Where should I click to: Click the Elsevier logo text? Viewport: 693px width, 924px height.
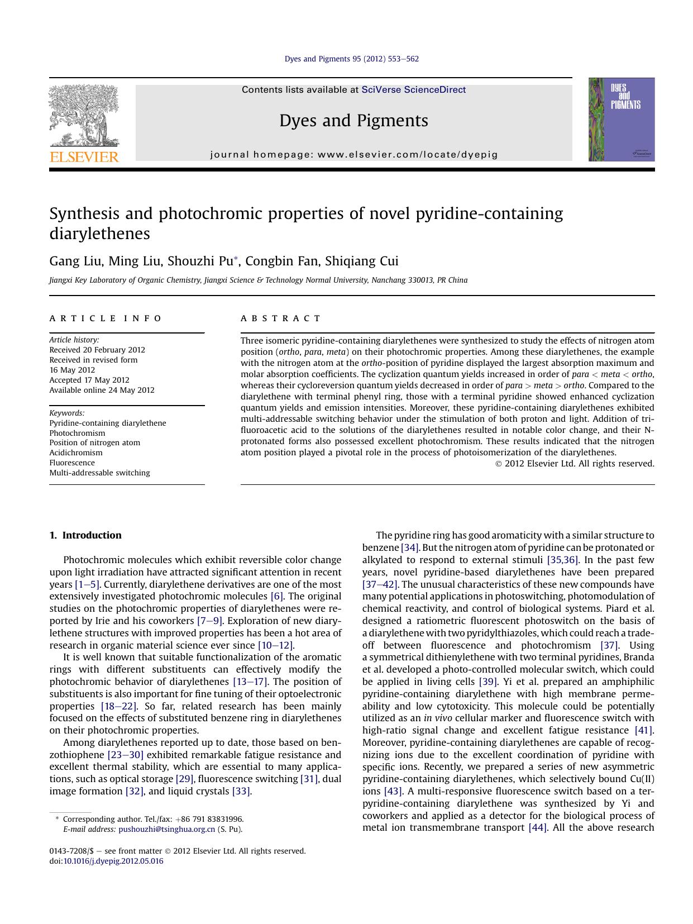tap(84, 157)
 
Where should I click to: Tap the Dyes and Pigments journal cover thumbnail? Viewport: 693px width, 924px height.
tap(621, 120)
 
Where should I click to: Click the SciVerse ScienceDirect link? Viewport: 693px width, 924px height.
tap(413, 89)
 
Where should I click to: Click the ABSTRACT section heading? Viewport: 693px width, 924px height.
tap(281, 318)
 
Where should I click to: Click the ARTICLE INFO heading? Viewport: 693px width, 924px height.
tap(106, 318)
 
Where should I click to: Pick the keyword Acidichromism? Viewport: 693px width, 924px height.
tap(76, 453)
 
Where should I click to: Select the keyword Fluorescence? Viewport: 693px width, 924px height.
tap(72, 463)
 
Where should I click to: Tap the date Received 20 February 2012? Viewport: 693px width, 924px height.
tap(97, 350)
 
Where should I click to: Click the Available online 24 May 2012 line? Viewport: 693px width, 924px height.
tap(102, 390)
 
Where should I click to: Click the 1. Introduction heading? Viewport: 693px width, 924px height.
tap(85, 535)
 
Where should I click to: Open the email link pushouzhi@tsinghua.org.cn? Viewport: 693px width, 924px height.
tap(166, 829)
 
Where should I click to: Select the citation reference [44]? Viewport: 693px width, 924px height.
tap(537, 827)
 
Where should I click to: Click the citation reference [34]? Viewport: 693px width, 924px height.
tap(410, 547)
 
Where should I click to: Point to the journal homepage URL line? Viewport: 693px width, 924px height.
tap(353, 155)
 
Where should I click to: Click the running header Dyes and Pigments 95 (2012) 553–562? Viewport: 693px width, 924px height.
tap(351, 59)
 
